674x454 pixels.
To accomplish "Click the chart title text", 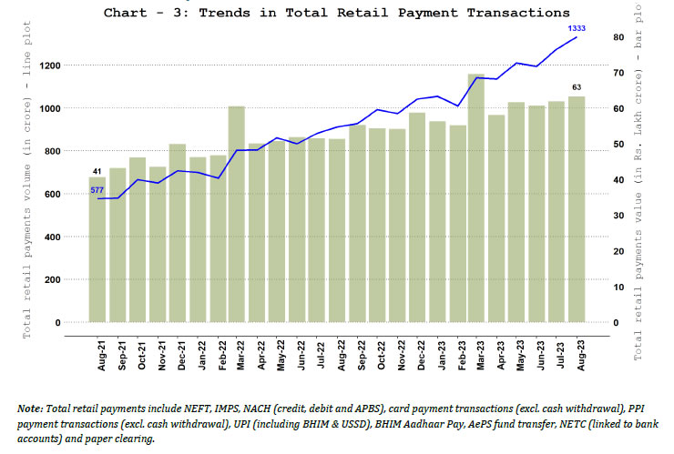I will [337, 13].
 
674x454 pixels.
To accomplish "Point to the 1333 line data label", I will [577, 28].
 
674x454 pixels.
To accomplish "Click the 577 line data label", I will [97, 189].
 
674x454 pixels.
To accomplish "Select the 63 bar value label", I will [577, 87].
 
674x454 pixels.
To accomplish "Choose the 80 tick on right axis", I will [618, 37].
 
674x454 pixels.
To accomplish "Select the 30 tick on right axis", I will [618, 216].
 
